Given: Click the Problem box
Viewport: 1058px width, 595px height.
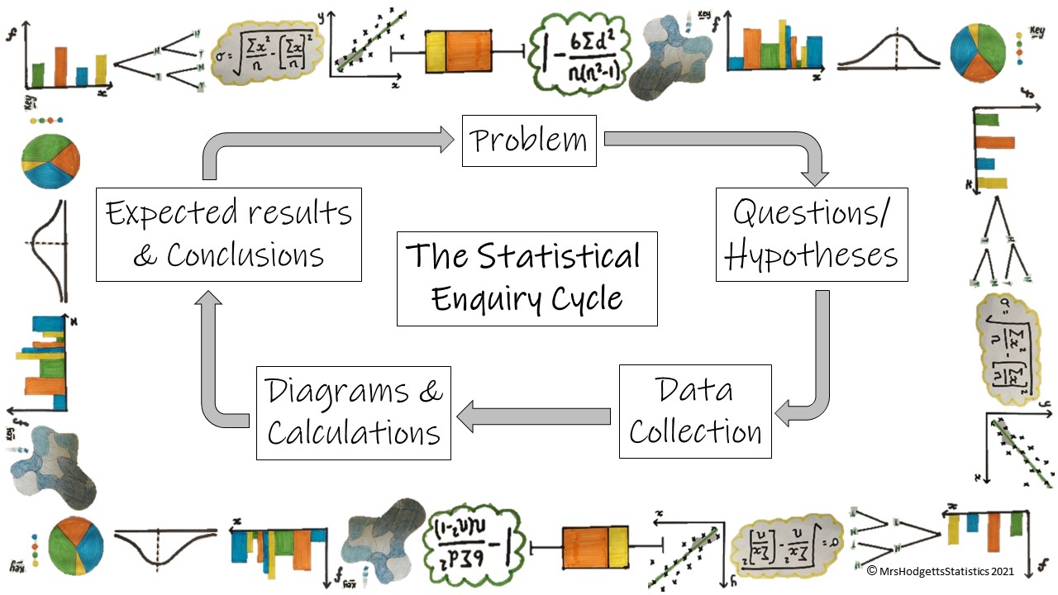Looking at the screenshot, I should coord(529,140).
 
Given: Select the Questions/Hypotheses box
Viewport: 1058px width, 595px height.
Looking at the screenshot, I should coord(812,235).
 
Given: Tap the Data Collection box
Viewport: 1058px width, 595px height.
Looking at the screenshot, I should coord(695,412).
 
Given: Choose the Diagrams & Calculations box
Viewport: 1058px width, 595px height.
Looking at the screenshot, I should coord(354,412).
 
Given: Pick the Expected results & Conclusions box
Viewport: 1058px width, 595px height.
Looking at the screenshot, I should coord(229,234).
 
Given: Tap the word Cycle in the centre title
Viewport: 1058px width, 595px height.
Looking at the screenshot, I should coord(588,299).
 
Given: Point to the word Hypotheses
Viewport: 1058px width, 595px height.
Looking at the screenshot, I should coord(812,256).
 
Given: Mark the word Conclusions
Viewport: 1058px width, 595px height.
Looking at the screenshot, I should coord(245,255).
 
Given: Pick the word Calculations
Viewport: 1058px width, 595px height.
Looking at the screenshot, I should coord(354,432).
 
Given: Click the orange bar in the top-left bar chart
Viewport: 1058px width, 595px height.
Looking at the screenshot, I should coord(60,66).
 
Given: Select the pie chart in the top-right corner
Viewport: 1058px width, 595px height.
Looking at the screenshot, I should coord(978,51).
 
